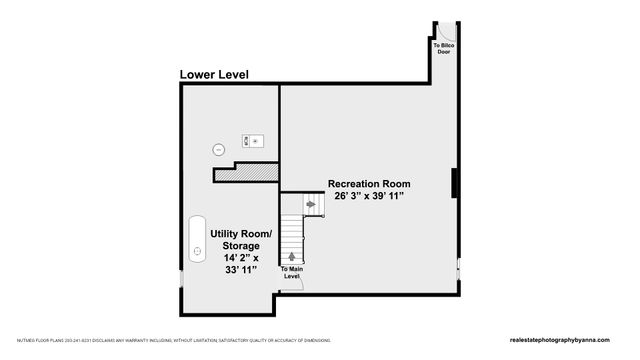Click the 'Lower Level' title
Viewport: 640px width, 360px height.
point(214,75)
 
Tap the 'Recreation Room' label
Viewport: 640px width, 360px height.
point(369,185)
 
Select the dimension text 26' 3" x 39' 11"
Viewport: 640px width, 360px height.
point(369,197)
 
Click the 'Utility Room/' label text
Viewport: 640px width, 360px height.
point(240,233)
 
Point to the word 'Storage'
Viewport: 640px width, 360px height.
point(240,245)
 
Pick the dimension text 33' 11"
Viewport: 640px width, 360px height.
point(240,270)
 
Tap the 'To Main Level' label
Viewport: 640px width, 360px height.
point(291,273)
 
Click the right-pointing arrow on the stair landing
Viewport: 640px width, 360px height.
point(311,204)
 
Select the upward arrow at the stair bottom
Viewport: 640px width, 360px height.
point(291,256)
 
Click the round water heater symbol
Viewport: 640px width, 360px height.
point(219,150)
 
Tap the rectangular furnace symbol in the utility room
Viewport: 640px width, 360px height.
point(252,141)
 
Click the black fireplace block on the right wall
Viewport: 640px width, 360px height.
point(456,184)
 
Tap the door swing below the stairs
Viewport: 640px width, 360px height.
point(293,286)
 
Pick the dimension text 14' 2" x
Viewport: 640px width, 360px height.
point(240,258)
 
